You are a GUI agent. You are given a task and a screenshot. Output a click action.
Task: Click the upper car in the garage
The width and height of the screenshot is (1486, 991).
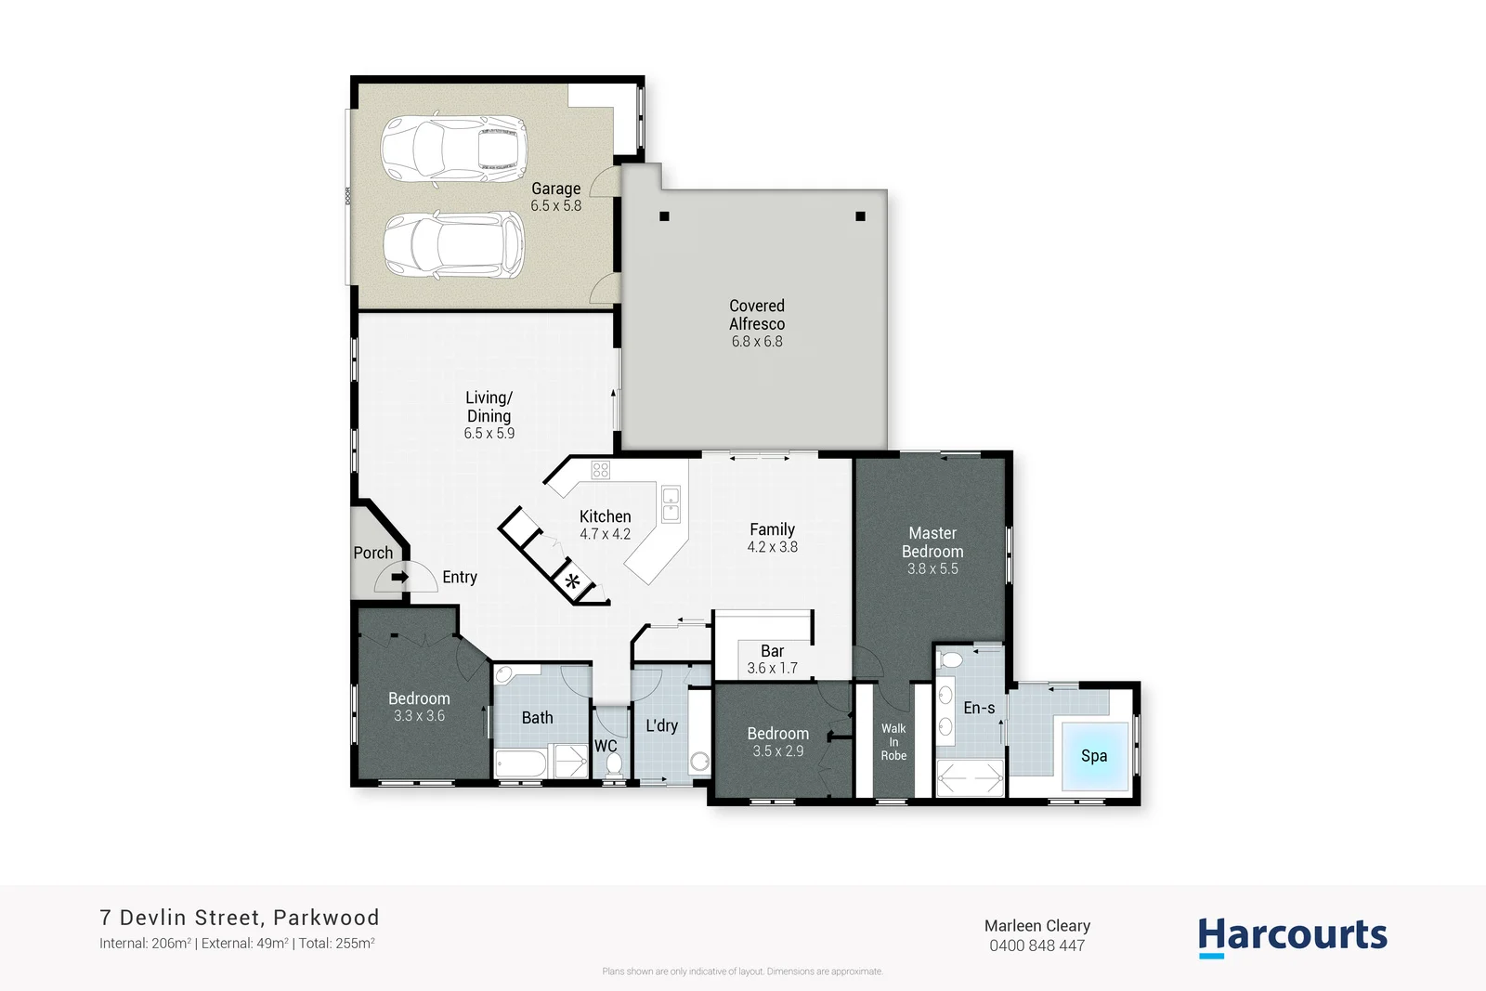coord(453,148)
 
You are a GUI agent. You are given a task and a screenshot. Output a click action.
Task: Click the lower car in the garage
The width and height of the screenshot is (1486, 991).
coord(453,245)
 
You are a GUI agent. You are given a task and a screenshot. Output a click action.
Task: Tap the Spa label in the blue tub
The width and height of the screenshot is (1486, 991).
coord(1094,756)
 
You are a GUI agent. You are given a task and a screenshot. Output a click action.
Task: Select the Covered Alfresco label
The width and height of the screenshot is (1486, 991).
coord(757,315)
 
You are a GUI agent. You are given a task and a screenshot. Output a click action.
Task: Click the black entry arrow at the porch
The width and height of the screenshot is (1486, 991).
coord(399,577)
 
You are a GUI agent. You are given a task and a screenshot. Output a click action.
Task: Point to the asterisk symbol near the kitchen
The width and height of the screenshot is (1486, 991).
coord(573,583)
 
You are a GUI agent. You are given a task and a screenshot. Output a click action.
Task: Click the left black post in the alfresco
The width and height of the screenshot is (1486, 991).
coord(664,216)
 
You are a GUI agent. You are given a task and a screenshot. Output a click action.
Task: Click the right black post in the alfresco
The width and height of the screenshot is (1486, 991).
coord(860,216)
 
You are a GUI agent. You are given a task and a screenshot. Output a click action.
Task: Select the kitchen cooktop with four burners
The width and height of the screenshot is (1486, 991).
coord(601,470)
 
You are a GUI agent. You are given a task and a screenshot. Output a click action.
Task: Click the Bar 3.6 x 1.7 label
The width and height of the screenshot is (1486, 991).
coord(773,659)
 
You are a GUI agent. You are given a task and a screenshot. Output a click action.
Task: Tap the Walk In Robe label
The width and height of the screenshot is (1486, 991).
coord(893,742)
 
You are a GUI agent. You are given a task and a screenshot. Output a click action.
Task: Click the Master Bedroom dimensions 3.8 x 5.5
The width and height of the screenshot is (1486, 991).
coord(932,568)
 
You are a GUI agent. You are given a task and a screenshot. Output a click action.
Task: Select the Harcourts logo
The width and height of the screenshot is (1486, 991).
coord(1292,935)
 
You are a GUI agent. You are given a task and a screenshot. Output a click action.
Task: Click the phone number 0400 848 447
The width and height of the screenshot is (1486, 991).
coord(1036,945)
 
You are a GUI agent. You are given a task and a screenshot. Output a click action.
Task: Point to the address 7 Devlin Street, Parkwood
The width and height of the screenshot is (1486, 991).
coord(240,918)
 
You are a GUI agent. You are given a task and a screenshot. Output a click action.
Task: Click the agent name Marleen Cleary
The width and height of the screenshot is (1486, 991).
coord(1037,926)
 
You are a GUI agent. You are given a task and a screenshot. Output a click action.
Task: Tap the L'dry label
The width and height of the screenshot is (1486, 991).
coord(662,725)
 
